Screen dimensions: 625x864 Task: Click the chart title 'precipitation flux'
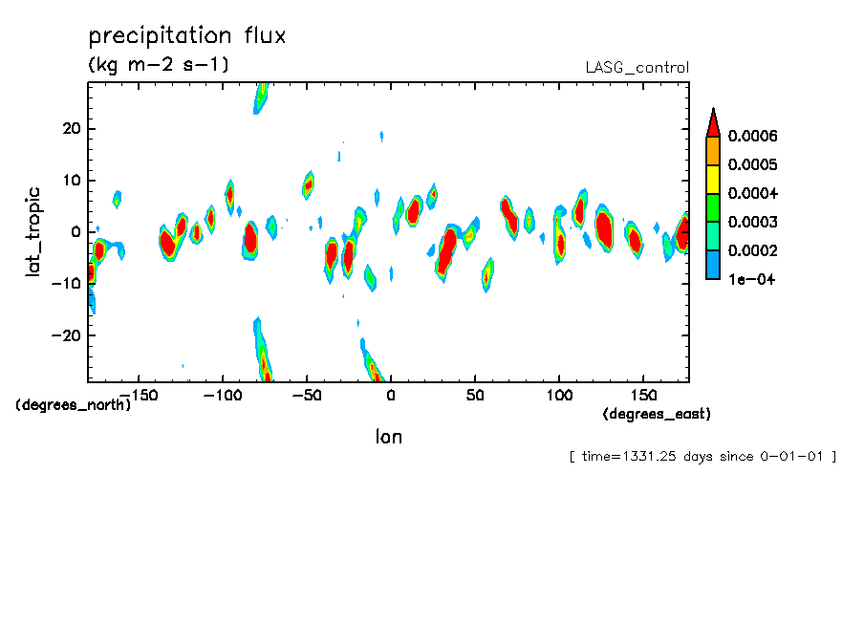(187, 37)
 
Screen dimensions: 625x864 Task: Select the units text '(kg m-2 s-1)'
(159, 65)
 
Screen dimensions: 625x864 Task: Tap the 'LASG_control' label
(637, 68)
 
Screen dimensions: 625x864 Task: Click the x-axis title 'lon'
(388, 437)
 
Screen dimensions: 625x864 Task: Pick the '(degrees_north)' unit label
(73, 404)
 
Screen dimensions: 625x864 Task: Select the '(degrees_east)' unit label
(657, 414)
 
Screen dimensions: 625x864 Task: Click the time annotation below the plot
(702, 457)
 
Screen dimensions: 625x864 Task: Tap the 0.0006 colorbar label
(753, 136)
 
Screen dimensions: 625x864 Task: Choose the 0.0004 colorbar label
(753, 193)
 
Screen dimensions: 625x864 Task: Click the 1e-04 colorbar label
(750, 279)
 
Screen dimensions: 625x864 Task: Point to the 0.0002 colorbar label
(753, 250)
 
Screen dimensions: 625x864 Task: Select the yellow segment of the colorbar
(712, 179)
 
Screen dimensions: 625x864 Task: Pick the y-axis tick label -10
(66, 283)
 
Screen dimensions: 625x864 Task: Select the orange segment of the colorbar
(712, 150)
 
